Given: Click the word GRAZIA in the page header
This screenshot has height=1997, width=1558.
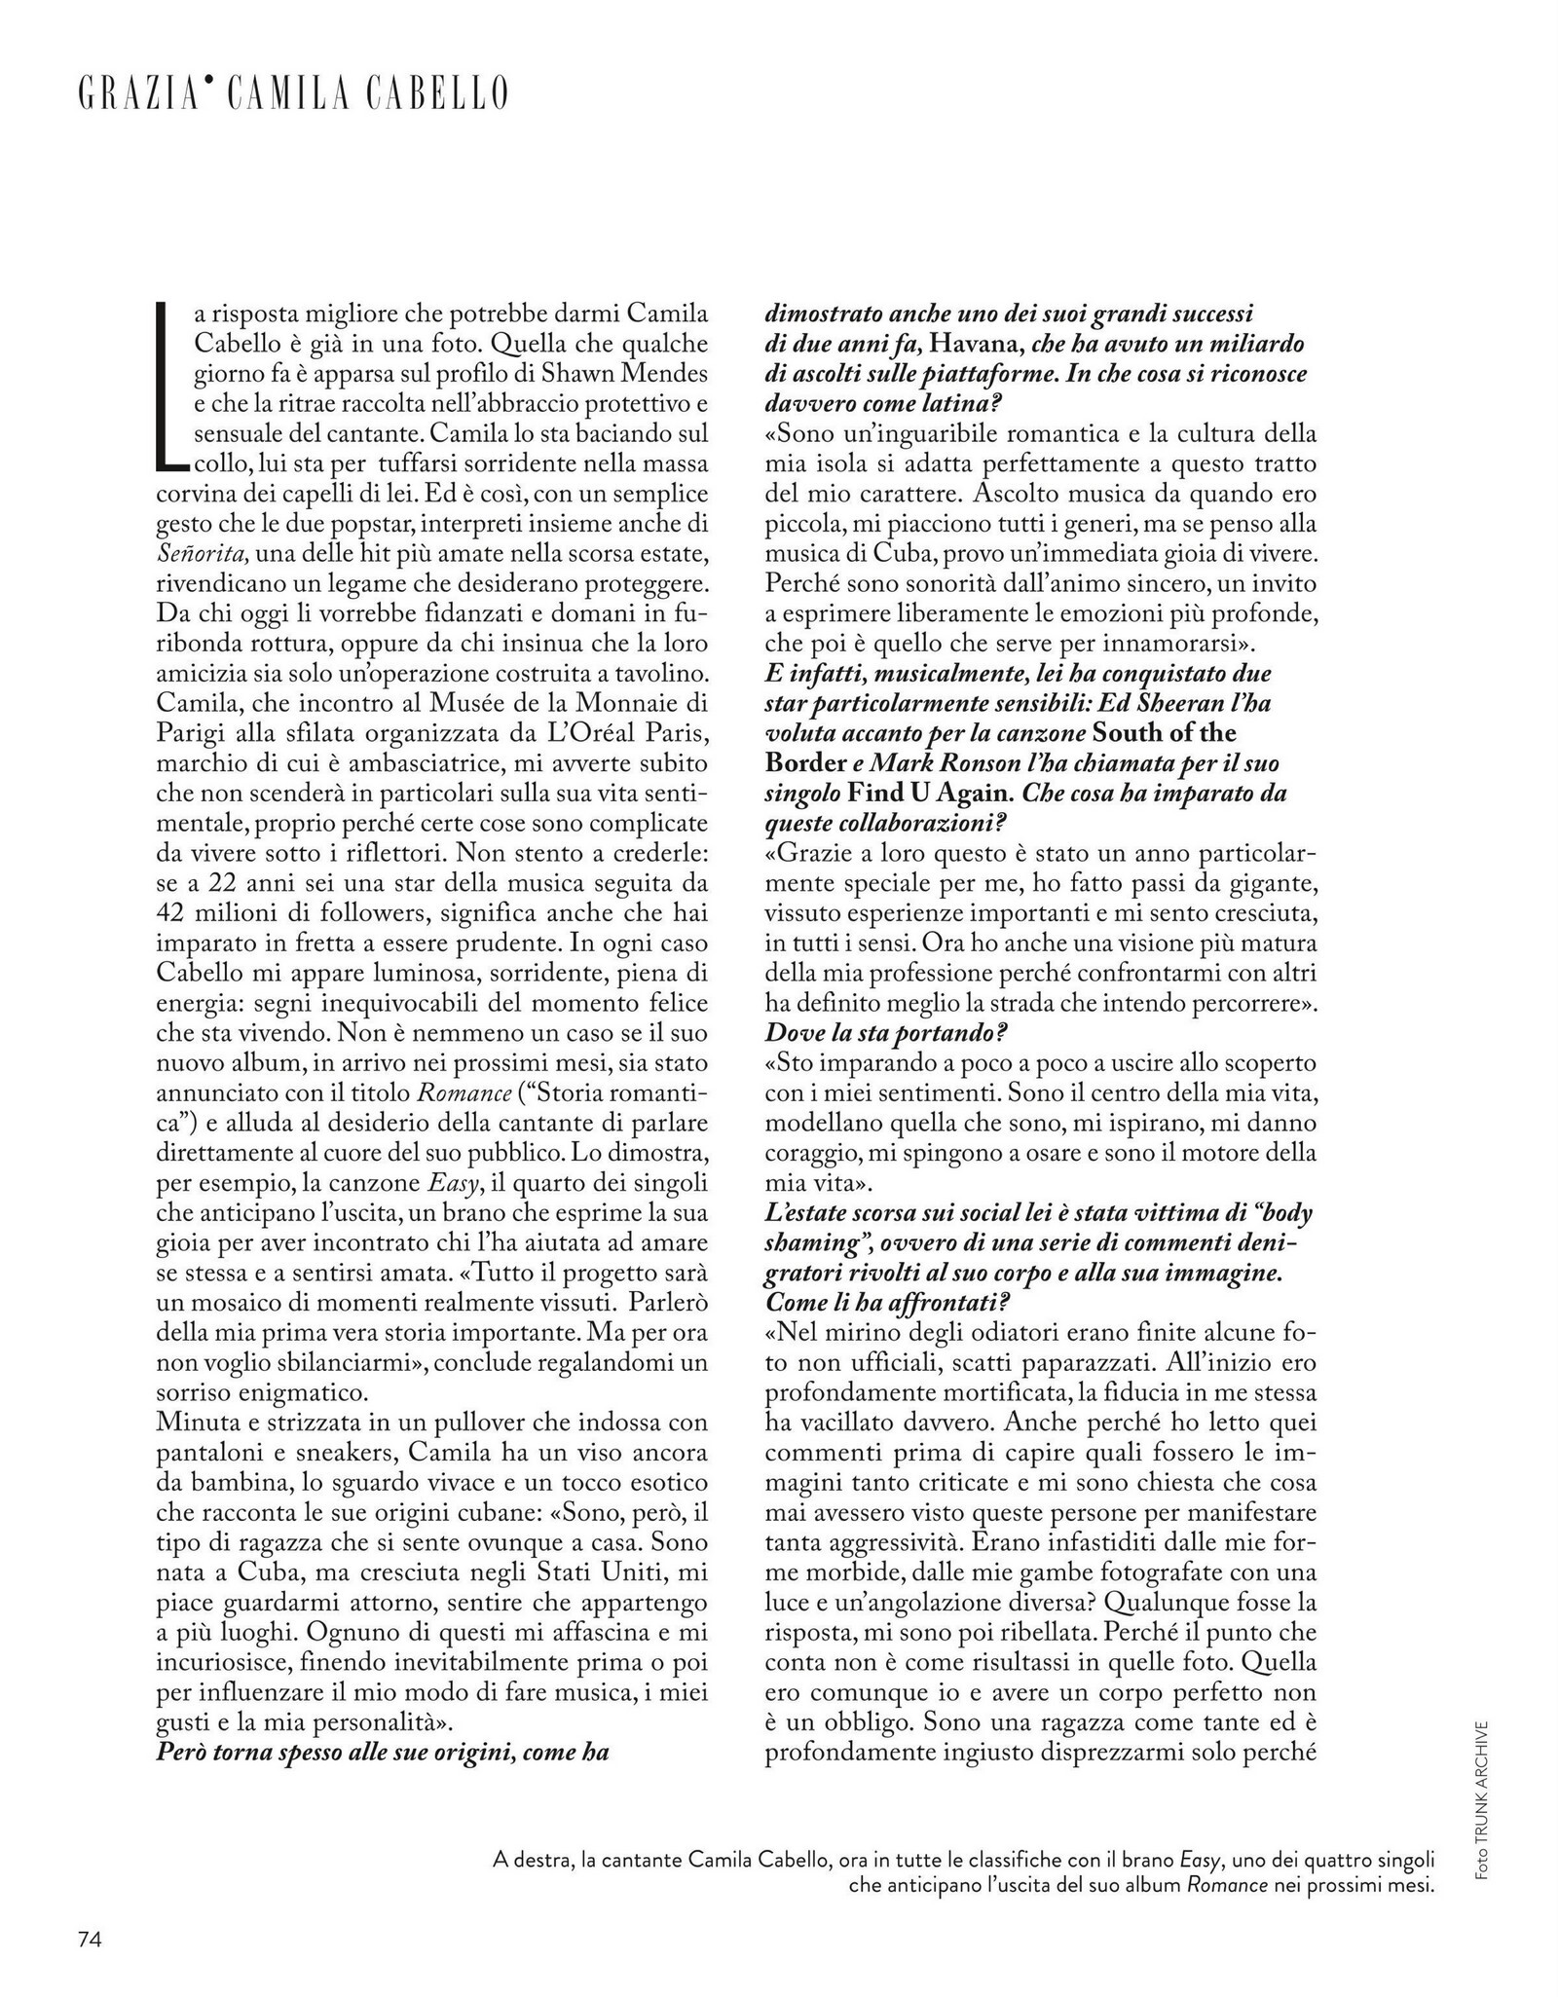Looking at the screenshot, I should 137,94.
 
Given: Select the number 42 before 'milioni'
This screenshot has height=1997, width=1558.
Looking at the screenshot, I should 175,912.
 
